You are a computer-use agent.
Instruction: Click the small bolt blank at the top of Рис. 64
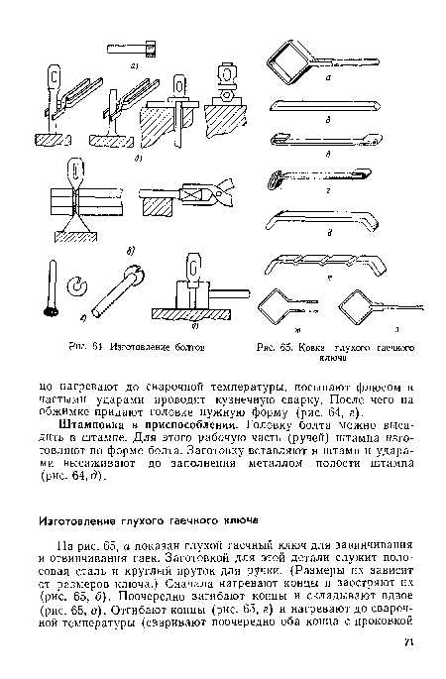(x=150, y=45)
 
